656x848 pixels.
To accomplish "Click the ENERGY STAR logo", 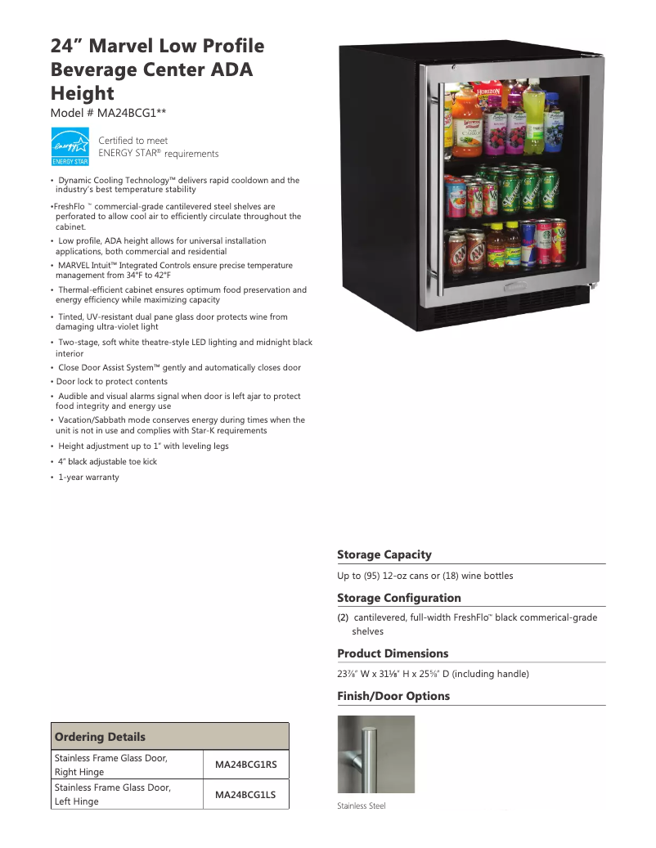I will [70, 146].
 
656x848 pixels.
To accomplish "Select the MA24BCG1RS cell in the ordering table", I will [246, 765].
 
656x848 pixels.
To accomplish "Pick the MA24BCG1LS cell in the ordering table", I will [246, 794].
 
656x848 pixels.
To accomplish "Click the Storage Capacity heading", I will [384, 554].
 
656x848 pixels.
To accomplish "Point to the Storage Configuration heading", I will [399, 598].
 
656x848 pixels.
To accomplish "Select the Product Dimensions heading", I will [393, 653].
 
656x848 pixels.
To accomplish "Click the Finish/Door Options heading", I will [393, 696].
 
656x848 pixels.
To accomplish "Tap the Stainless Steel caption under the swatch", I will [362, 806].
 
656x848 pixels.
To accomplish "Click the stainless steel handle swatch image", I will [376, 754].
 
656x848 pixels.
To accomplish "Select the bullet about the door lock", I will [111, 382].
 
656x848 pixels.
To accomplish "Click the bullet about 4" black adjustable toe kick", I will [107, 462].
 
